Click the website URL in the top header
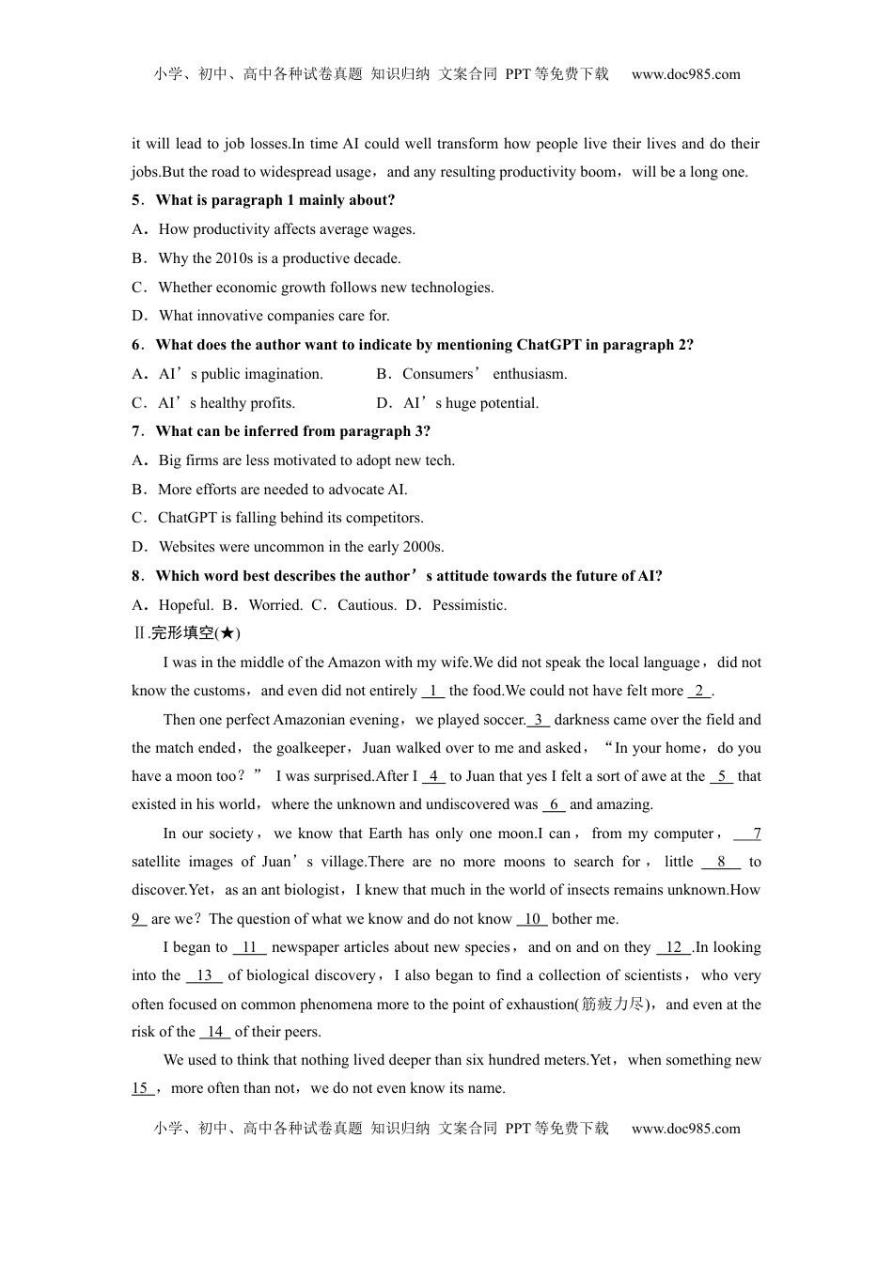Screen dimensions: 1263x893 685,74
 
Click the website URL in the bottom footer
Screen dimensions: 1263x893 685,1129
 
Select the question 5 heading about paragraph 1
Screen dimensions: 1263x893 263,200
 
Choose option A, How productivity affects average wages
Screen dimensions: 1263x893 274,229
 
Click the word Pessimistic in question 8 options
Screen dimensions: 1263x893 469,605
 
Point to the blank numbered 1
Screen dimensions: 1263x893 433,691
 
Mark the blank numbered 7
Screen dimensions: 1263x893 747,834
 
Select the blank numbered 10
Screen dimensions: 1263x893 532,919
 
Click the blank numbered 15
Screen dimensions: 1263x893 142,1088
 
